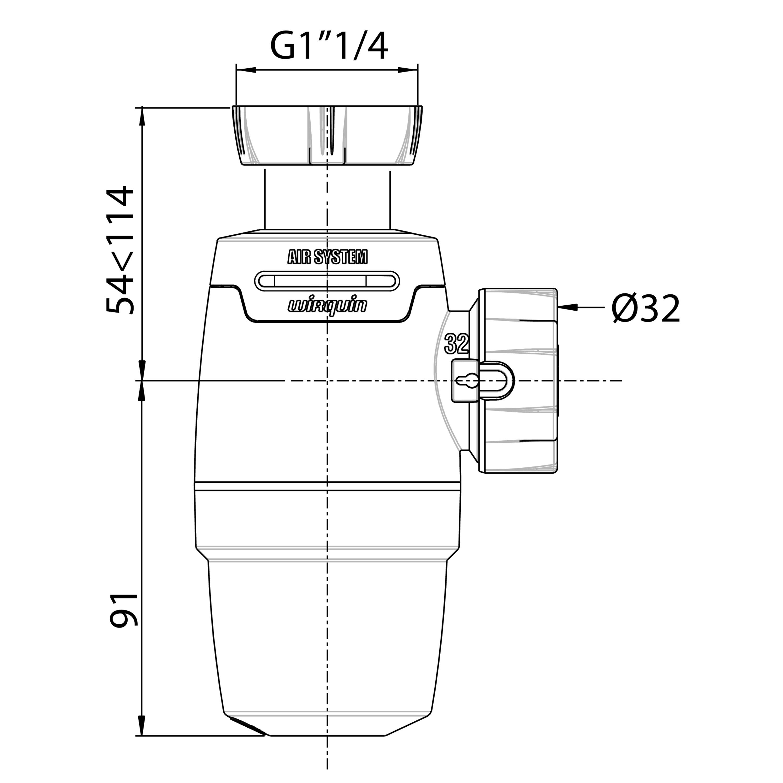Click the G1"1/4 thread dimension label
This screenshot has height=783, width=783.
(x=329, y=47)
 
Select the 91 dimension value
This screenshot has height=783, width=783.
(x=124, y=610)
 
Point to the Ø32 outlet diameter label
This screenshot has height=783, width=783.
(x=646, y=308)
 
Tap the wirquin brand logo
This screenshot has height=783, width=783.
(x=328, y=306)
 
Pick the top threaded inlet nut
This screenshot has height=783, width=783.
(x=327, y=135)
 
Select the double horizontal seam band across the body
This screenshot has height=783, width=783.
(x=328, y=487)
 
